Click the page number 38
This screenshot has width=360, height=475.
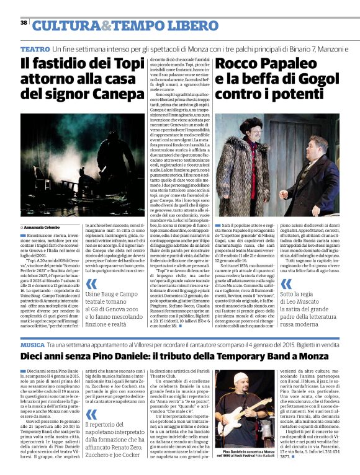(x=24, y=23)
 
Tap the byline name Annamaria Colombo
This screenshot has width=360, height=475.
(x=44, y=211)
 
